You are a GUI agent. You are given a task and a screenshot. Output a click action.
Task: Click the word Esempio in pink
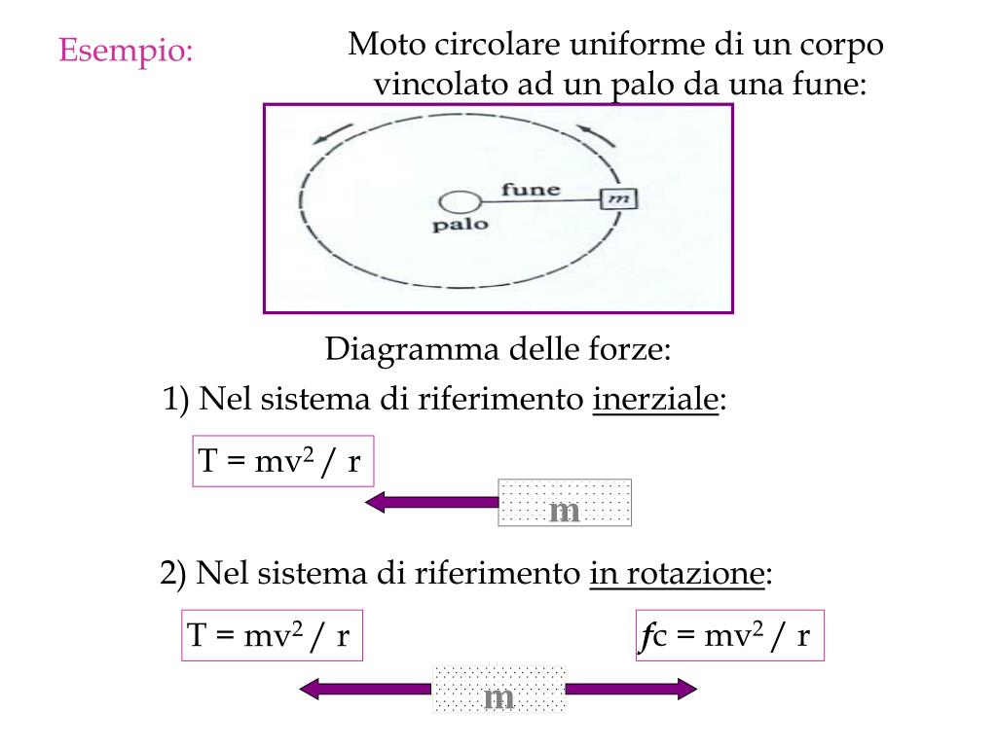tap(126, 50)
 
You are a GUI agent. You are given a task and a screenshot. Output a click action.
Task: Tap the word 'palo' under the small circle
tap(460, 225)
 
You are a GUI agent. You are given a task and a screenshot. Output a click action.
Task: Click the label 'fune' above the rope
tap(531, 189)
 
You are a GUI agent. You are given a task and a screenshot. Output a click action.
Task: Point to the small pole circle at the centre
tap(460, 202)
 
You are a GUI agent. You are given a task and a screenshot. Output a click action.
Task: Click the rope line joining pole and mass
tap(540, 201)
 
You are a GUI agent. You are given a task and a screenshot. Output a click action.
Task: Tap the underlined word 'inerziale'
tap(655, 400)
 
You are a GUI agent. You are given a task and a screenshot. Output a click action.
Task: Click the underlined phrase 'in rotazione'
tap(676, 574)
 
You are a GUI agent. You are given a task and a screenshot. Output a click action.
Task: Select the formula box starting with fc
tap(729, 636)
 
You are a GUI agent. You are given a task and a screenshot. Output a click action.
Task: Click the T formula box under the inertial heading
tap(282, 461)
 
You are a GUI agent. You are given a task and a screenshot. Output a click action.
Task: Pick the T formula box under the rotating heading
tap(272, 636)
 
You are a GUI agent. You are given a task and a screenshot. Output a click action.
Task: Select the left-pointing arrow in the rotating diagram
tap(365, 690)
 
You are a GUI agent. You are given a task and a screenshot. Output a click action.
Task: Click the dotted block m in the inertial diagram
tap(565, 503)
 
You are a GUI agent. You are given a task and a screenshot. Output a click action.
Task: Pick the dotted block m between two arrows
tap(498, 690)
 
